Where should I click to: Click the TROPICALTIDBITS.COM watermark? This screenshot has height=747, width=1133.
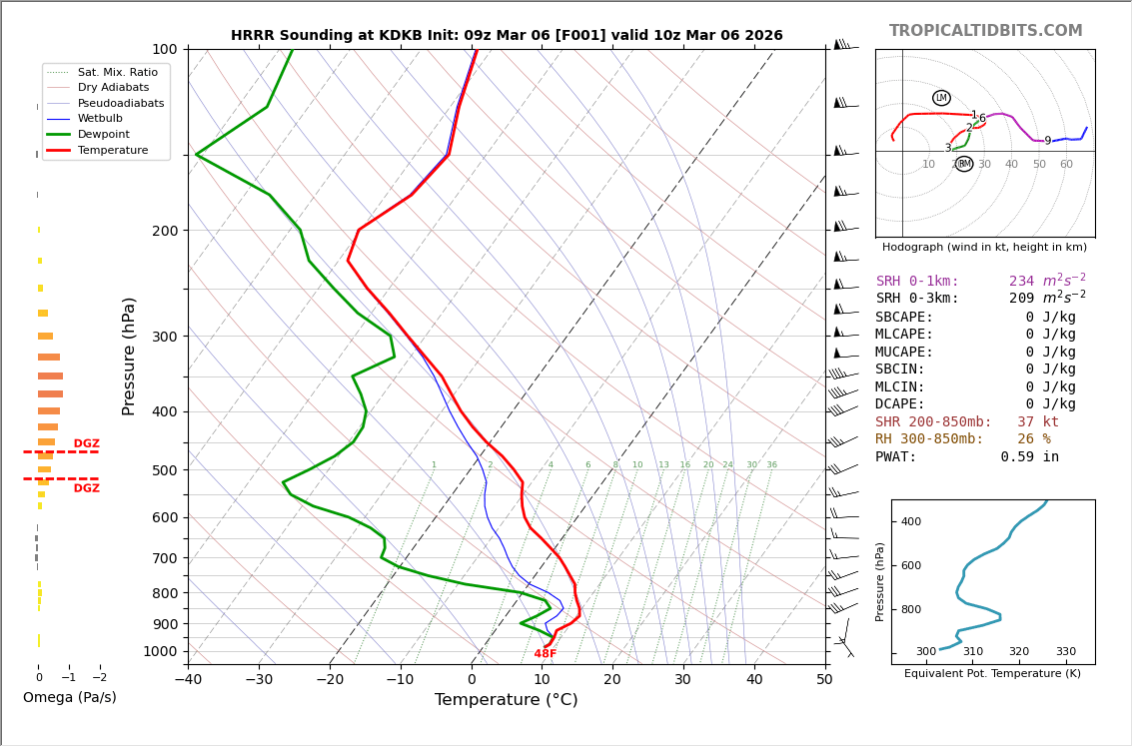click(x=985, y=31)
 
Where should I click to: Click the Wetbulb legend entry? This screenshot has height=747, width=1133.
click(x=105, y=119)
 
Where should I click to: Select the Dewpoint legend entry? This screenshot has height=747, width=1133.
click(x=107, y=134)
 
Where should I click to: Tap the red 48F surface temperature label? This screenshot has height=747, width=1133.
click(x=545, y=654)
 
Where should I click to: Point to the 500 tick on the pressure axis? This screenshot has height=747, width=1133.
click(x=164, y=470)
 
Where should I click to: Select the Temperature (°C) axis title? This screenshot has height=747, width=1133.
click(x=506, y=700)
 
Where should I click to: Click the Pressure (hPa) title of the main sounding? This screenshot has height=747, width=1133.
click(x=129, y=356)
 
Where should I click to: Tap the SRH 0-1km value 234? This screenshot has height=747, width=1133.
click(x=1021, y=282)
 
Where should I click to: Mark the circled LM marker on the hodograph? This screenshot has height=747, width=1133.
click(x=941, y=98)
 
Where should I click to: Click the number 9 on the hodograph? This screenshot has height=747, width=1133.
click(x=1047, y=142)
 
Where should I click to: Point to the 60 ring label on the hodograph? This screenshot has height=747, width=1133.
click(x=1066, y=165)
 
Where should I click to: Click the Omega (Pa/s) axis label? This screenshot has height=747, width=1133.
click(x=69, y=697)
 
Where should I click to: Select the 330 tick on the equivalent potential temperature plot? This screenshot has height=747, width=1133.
click(x=1065, y=652)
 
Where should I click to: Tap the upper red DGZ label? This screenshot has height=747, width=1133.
click(x=86, y=444)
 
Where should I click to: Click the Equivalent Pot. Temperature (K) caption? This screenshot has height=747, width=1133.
click(x=985, y=673)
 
